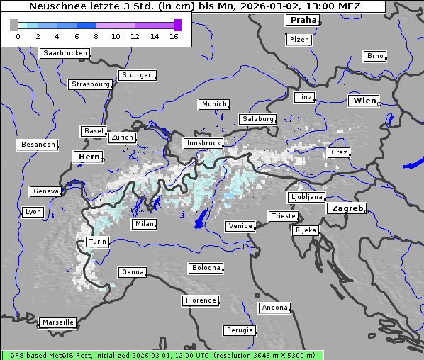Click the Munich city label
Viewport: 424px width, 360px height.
click(x=214, y=104)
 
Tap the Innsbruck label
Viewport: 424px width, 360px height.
click(x=203, y=143)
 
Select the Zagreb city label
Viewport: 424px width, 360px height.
click(x=347, y=208)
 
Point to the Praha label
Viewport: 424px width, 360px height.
click(x=303, y=21)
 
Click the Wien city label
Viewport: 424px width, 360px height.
click(x=365, y=101)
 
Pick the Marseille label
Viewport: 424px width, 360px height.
click(x=58, y=322)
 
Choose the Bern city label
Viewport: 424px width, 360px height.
click(x=89, y=157)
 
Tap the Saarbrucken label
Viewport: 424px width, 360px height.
click(x=65, y=53)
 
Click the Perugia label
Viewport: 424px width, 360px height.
click(x=240, y=330)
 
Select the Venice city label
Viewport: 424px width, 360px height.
click(x=240, y=226)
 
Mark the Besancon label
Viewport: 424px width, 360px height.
click(x=38, y=145)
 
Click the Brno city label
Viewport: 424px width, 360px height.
click(x=375, y=56)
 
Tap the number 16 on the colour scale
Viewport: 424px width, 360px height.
click(x=174, y=36)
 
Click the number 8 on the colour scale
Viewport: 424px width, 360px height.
click(x=96, y=36)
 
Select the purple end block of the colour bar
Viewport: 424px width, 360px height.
click(x=177, y=25)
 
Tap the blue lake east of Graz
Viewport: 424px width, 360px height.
click(x=411, y=164)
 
